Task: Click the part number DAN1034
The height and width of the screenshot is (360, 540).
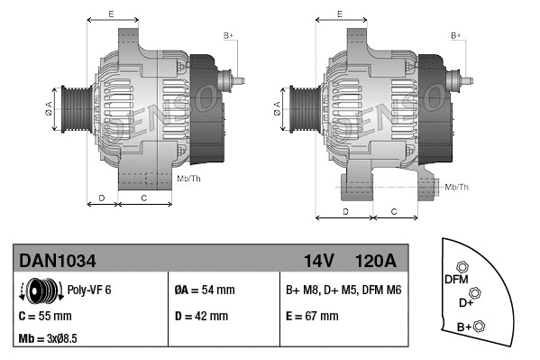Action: pyautogui.click(x=58, y=261)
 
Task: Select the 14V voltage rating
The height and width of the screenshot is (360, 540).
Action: pyautogui.click(x=319, y=261)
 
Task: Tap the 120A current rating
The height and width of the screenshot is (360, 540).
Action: pyautogui.click(x=376, y=261)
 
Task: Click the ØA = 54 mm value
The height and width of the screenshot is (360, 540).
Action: pyautogui.click(x=204, y=291)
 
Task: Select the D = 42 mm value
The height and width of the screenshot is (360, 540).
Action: pyautogui.click(x=201, y=317)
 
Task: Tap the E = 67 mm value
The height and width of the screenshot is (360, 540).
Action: pyautogui.click(x=311, y=317)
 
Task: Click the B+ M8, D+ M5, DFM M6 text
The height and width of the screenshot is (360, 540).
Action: pyautogui.click(x=343, y=291)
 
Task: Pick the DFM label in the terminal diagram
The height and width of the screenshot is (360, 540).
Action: pyautogui.click(x=455, y=280)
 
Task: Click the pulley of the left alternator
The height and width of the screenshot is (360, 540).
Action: pyautogui.click(x=72, y=109)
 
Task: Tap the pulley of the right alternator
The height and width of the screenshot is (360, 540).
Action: pyautogui.click(x=305, y=109)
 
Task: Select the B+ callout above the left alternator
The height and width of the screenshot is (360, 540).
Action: pyautogui.click(x=229, y=35)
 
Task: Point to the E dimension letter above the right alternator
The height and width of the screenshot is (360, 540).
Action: pyautogui.click(x=339, y=14)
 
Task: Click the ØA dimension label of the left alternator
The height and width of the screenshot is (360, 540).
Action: pyautogui.click(x=50, y=108)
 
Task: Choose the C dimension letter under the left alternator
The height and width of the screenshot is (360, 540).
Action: pyautogui.click(x=144, y=196)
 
